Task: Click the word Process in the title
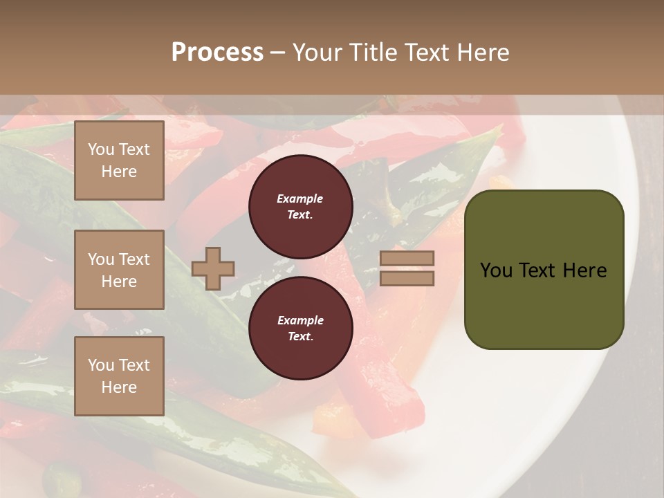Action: click(217, 53)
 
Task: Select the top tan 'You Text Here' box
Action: click(119, 160)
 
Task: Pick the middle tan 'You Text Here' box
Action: click(119, 270)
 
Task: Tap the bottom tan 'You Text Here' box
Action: click(119, 376)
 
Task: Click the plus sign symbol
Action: click(213, 268)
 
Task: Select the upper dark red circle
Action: click(300, 207)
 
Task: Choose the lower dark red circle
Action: click(300, 329)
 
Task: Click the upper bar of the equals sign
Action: click(407, 258)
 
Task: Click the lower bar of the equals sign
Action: click(407, 278)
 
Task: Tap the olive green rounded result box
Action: click(544, 270)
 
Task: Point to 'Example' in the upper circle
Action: click(300, 199)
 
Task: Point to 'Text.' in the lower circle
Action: click(300, 337)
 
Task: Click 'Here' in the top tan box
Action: click(119, 172)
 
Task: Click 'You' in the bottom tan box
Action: click(101, 365)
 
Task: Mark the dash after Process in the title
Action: click(277, 53)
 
